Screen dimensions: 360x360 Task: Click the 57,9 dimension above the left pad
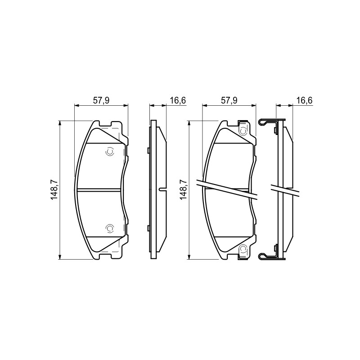101,100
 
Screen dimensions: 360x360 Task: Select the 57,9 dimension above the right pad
229,100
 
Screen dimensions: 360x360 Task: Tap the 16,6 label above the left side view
178,100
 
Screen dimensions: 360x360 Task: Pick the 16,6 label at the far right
305,100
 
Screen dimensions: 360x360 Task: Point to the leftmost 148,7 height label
54,189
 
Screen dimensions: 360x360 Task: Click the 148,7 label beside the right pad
184,189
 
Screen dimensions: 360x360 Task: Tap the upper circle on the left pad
109,152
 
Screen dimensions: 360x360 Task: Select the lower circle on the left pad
109,228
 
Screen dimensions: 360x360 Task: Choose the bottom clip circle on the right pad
243,249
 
